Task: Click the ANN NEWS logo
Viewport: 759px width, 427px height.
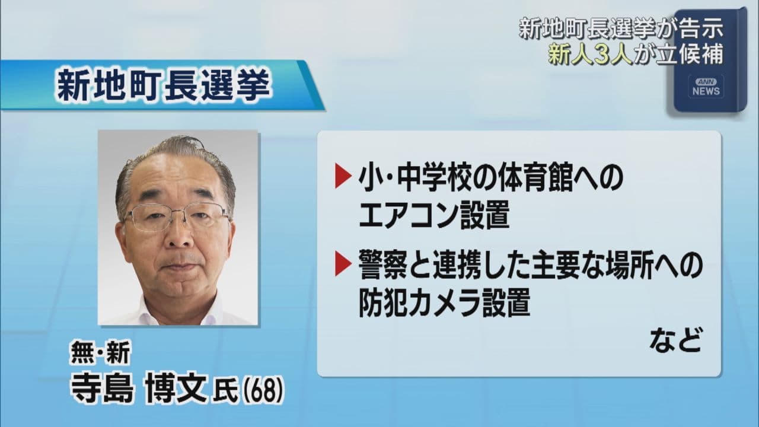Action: [x=706, y=87]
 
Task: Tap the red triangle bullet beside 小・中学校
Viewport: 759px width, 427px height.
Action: [x=343, y=176]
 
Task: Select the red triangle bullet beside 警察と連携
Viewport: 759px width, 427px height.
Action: [x=343, y=263]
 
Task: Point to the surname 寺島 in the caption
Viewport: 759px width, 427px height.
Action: [x=101, y=389]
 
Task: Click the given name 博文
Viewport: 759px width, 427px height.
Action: [x=176, y=389]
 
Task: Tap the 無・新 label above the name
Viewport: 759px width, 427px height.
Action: [x=100, y=353]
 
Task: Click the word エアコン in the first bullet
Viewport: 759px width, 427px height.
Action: [x=406, y=215]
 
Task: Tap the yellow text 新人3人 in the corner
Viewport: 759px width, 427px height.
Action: [x=591, y=55]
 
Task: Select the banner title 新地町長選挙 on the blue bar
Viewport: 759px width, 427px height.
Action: [x=163, y=85]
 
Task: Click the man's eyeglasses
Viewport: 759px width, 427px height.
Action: [x=177, y=216]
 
